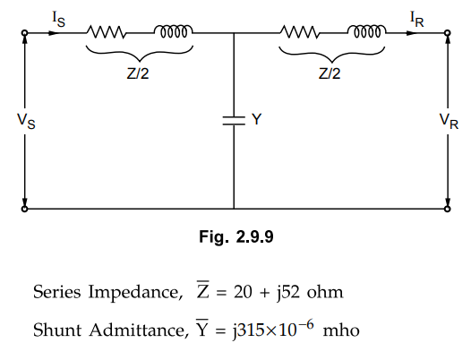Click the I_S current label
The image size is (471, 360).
click(x=58, y=19)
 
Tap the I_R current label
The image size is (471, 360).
click(x=417, y=20)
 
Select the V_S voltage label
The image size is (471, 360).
click(x=26, y=121)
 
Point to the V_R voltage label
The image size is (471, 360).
click(x=449, y=121)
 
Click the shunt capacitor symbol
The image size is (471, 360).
click(x=234, y=120)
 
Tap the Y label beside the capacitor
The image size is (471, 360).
click(x=256, y=119)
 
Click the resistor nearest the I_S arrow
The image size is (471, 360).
click(x=106, y=32)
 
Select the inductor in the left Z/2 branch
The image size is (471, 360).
click(x=174, y=31)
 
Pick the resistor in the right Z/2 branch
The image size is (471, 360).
click(x=300, y=32)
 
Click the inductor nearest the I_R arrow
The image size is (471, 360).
click(x=367, y=31)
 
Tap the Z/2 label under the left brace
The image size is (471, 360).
click(x=138, y=73)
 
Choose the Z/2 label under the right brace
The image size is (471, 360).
click(x=330, y=73)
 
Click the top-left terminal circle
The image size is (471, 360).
click(x=25, y=33)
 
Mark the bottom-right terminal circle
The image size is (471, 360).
click(x=447, y=209)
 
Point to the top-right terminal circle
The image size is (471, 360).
click(x=447, y=33)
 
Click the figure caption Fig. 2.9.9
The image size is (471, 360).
click(x=236, y=236)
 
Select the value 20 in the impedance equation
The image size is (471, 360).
click(x=243, y=292)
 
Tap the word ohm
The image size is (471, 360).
click(x=325, y=292)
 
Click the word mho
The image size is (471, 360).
click(x=341, y=330)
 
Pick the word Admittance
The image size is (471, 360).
click(x=138, y=330)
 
